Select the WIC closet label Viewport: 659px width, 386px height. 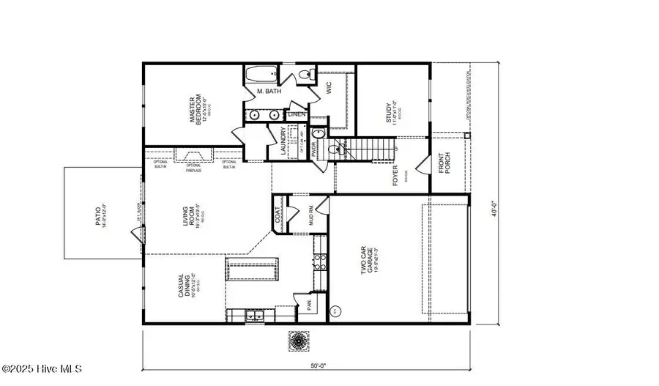pos(317,86)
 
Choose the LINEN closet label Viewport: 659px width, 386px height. pos(297,114)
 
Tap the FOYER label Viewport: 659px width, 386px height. pos(396,177)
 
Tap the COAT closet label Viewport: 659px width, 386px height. pos(279,213)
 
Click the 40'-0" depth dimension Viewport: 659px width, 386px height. pos(495,208)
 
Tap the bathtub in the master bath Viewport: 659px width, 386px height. pos(259,75)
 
